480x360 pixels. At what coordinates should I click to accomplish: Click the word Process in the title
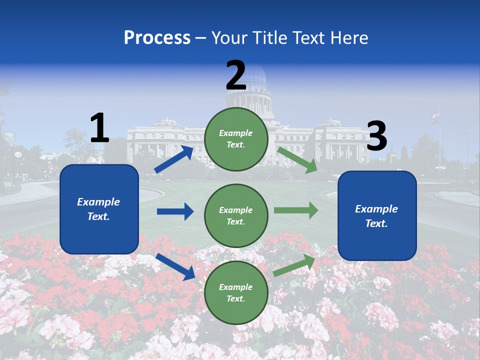pyautogui.click(x=157, y=37)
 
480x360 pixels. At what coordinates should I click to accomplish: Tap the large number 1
pyautogui.click(x=99, y=128)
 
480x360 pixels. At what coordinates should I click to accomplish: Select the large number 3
pyautogui.click(x=376, y=136)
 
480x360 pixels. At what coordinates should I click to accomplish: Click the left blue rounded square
pyautogui.click(x=99, y=209)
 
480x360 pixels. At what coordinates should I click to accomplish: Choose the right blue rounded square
pyautogui.click(x=377, y=215)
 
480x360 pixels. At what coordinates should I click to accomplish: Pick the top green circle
pyautogui.click(x=236, y=139)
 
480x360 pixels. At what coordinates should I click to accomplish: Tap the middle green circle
pyautogui.click(x=236, y=215)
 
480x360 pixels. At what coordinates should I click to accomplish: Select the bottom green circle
pyautogui.click(x=236, y=292)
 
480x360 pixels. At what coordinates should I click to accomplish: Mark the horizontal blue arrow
pyautogui.click(x=175, y=211)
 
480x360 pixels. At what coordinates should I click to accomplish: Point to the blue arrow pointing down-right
pyautogui.click(x=175, y=266)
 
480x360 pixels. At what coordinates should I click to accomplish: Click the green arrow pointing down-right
pyautogui.click(x=297, y=160)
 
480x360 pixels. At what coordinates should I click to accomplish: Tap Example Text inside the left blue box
pyautogui.click(x=98, y=209)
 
